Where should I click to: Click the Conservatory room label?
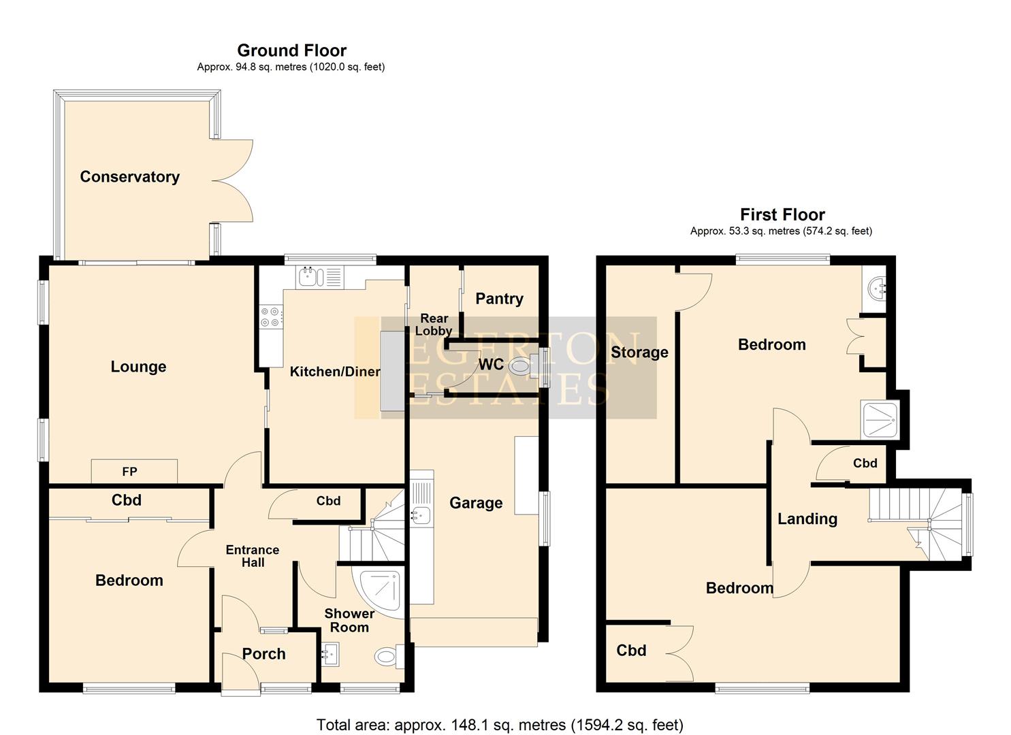tap(129, 177)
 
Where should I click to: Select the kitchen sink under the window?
tap(310, 276)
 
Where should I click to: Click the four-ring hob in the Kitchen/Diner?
tap(270, 317)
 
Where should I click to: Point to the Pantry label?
tap(499, 299)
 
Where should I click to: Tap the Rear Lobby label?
tap(434, 325)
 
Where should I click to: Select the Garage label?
tap(476, 503)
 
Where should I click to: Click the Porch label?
tap(263, 654)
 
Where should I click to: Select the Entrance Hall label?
tap(253, 556)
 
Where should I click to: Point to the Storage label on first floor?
tap(639, 352)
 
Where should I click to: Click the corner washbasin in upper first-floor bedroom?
tap(876, 289)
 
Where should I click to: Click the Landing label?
tap(807, 519)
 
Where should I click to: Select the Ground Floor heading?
tap(291, 50)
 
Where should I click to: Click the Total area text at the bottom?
tap(500, 725)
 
